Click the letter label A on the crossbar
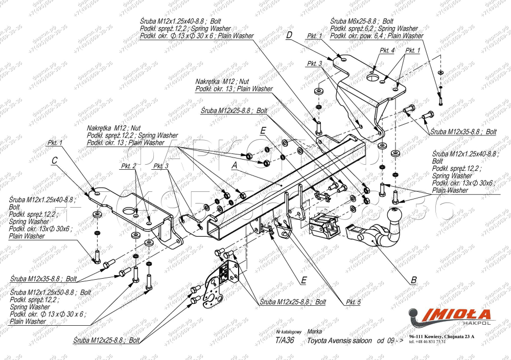click(x=235, y=166)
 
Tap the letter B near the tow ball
click(x=413, y=280)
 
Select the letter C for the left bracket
click(x=54, y=160)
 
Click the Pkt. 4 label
click(x=387, y=51)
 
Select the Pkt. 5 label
click(x=353, y=302)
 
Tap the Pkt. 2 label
click(x=128, y=167)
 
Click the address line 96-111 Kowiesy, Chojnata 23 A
click(x=442, y=336)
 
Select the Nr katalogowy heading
click(x=288, y=332)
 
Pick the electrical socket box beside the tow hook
click(x=325, y=223)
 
